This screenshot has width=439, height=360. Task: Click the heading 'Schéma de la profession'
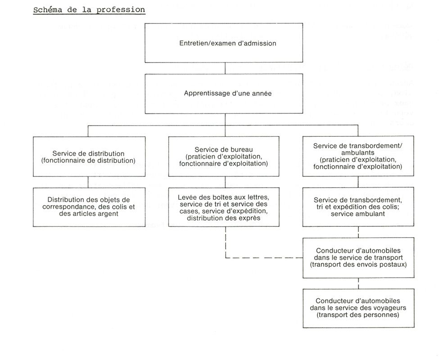point(89,10)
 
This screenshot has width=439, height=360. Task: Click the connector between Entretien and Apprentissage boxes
point(225,68)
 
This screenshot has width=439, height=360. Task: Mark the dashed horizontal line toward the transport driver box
point(264,257)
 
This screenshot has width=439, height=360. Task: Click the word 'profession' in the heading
point(121,10)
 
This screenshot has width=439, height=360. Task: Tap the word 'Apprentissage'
point(204,94)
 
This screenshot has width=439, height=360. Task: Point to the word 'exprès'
point(251,218)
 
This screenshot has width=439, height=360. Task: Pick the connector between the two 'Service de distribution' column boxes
point(88,182)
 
